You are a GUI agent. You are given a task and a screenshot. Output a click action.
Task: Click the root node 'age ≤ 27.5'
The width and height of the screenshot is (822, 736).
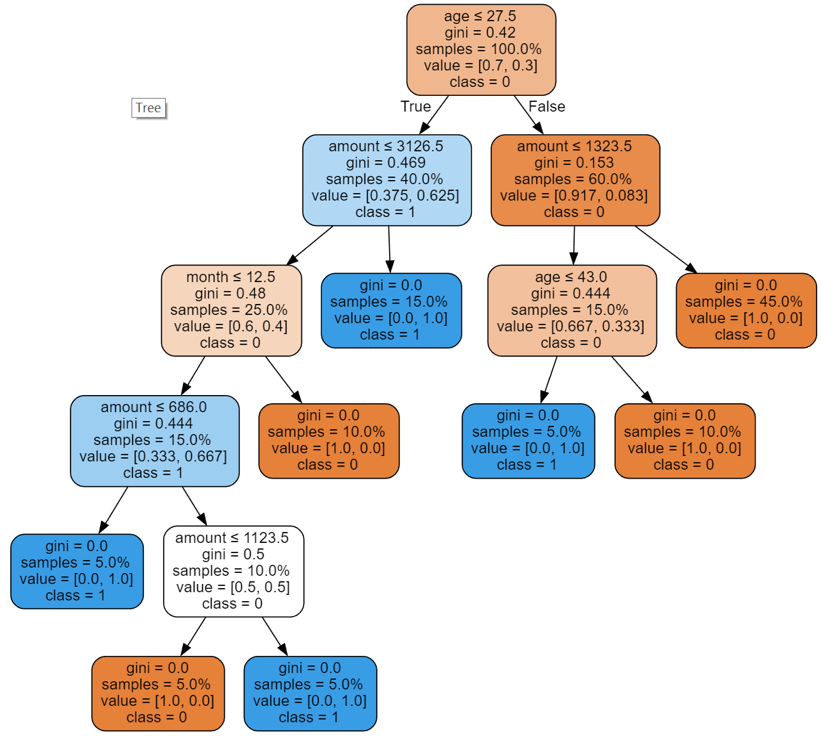(481, 50)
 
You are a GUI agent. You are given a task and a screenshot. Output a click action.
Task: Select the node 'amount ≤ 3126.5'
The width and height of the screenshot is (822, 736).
(386, 180)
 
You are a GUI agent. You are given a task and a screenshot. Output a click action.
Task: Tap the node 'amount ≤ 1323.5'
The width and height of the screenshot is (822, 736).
(575, 180)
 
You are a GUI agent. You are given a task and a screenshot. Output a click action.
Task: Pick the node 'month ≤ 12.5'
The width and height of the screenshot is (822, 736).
(232, 311)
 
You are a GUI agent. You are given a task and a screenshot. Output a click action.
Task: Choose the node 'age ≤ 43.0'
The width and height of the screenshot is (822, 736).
(572, 311)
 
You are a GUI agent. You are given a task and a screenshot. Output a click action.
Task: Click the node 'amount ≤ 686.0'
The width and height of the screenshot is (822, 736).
(155, 441)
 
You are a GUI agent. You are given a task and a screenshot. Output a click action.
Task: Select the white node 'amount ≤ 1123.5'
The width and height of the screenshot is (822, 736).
(234, 572)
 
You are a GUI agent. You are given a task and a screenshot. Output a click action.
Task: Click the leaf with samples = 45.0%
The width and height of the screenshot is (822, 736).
(746, 311)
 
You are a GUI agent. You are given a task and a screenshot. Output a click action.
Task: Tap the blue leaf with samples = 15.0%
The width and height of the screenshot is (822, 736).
(391, 311)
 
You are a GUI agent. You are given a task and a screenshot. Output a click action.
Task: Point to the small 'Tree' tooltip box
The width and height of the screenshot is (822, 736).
(149, 108)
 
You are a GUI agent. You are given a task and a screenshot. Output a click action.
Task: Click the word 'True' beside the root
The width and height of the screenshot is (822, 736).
(416, 106)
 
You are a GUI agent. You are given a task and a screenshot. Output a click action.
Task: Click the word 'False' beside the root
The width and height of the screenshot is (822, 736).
(547, 106)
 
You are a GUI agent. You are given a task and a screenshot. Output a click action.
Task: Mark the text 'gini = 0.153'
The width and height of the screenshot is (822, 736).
(574, 163)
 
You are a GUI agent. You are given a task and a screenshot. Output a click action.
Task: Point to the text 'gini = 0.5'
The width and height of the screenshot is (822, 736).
(233, 554)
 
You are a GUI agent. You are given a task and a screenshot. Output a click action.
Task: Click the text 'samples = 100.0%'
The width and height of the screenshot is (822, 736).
(478, 49)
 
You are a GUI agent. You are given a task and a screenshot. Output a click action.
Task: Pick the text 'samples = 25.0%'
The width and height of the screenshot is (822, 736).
(228, 310)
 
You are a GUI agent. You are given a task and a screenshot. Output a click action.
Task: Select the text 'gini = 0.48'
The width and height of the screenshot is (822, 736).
(230, 293)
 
